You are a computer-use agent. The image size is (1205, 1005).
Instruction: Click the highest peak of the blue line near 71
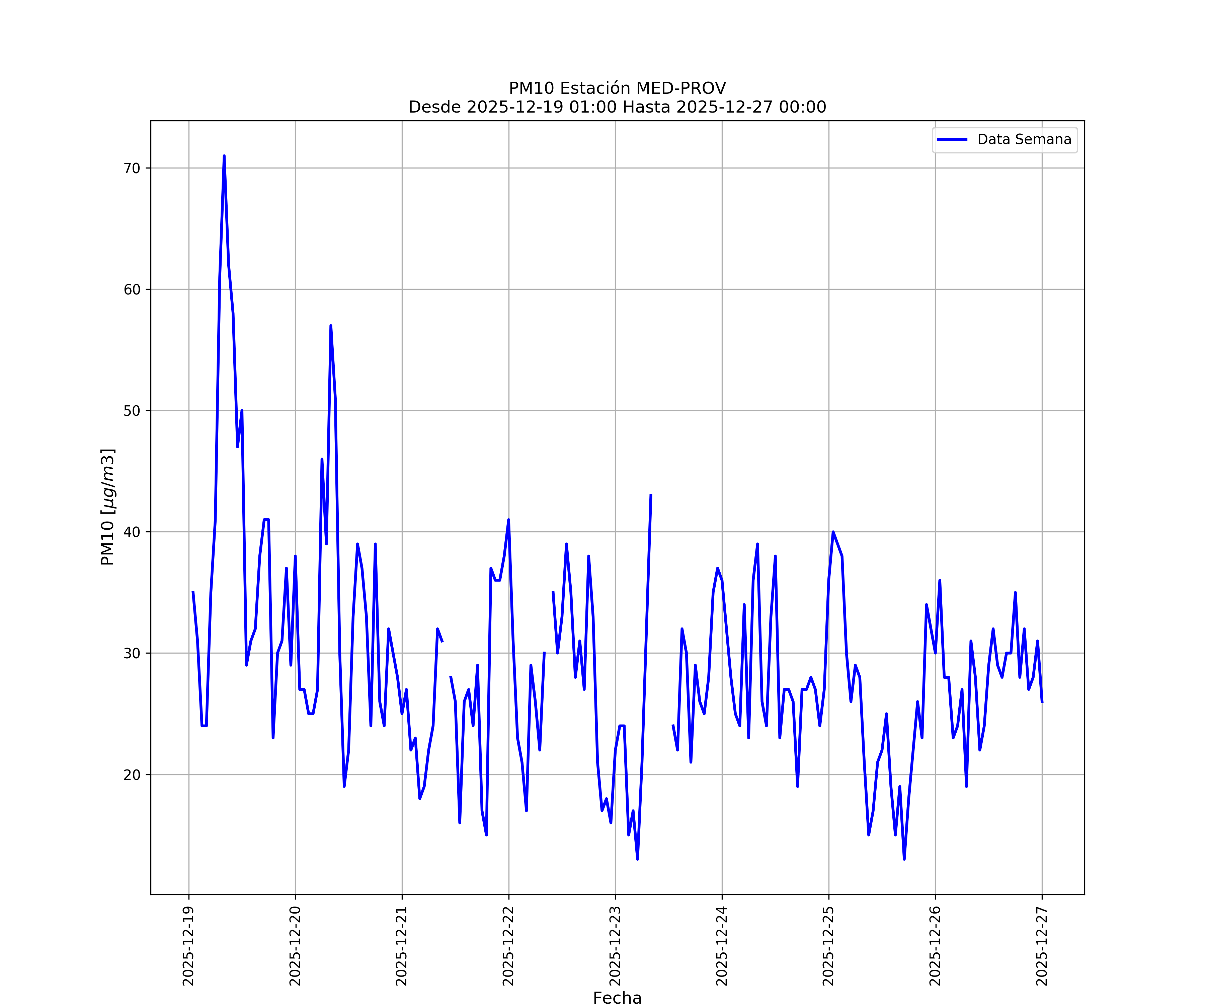point(224,156)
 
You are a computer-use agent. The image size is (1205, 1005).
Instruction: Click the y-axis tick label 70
point(132,168)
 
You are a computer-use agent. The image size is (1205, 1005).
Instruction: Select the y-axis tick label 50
point(132,411)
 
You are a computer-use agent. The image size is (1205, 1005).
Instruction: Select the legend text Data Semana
point(1024,140)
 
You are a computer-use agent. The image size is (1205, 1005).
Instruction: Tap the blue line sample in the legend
point(952,140)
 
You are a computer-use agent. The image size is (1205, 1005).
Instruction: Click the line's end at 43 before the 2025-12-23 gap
point(651,494)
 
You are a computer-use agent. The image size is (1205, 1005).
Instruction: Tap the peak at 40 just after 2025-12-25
point(832,532)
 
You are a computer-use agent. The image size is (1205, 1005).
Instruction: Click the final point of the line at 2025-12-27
point(1042,702)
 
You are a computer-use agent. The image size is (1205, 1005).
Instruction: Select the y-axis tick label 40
point(132,532)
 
